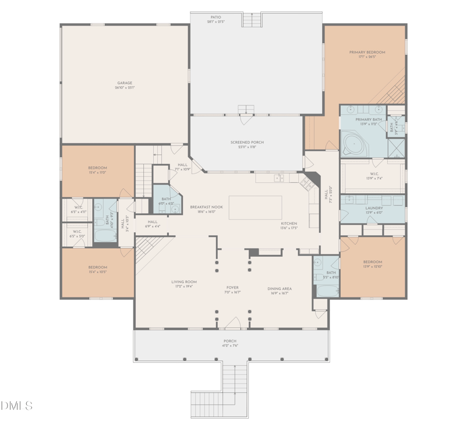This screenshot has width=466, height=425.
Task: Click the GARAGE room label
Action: click(125, 83)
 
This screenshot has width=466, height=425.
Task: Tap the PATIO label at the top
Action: click(216, 17)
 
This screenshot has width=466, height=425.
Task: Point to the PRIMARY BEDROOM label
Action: click(367, 52)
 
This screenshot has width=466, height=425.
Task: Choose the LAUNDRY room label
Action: click(373, 208)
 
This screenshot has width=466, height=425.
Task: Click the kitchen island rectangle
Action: click(255, 207)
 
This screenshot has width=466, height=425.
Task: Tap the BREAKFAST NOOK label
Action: click(203, 207)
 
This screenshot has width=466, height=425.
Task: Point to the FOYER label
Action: click(232, 288)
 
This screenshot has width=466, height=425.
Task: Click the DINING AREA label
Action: click(280, 289)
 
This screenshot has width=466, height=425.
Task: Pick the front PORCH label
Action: click(230, 341)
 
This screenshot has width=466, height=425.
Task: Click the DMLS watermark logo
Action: click(17, 405)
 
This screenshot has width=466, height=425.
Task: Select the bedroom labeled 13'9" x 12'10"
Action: click(373, 262)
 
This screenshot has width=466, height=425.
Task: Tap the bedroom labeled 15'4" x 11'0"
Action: click(97, 168)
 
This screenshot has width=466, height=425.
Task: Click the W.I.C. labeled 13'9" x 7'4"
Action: click(373, 175)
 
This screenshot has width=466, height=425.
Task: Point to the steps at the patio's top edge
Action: click(252, 20)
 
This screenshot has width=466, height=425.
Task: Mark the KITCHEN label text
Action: click(289, 224)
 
